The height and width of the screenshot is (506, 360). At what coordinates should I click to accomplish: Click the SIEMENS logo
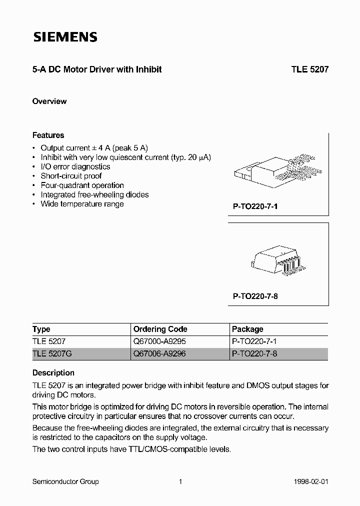coord(65,37)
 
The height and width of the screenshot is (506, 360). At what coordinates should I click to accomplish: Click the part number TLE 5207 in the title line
coord(310,70)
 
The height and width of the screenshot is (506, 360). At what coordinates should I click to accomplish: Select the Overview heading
coord(49,101)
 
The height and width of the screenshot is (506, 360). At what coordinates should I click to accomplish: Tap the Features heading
coord(48,135)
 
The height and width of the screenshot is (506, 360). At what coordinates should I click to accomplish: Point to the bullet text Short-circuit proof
coord(71,176)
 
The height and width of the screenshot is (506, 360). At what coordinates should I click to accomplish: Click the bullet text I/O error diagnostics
coord(75,166)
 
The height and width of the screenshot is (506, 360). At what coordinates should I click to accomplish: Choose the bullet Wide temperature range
coord(82,204)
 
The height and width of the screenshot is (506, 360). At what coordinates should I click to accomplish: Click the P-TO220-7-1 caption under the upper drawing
coord(255,205)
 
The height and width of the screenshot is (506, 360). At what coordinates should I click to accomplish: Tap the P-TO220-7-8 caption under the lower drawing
coord(255,296)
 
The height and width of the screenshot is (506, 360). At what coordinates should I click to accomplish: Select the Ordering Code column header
coord(160,329)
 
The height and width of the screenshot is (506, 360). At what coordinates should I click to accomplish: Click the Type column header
coord(41,329)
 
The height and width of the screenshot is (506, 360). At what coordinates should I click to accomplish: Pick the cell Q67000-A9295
coord(159,341)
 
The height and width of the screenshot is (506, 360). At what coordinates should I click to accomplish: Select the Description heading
coord(53,372)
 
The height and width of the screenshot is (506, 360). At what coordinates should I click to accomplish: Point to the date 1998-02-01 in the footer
coord(311,481)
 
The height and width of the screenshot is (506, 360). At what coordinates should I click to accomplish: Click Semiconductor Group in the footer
coord(65,481)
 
